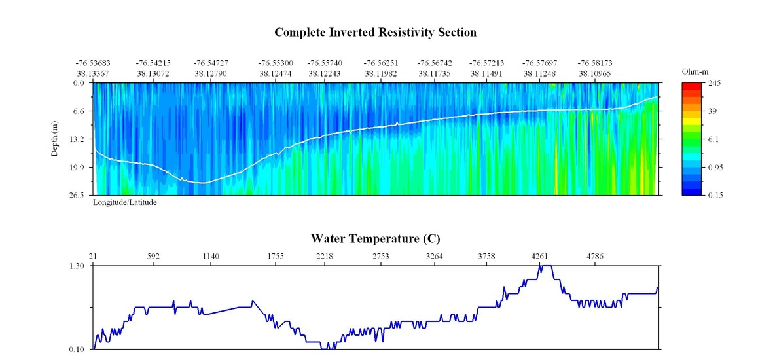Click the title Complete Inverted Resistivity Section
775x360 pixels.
click(x=375, y=32)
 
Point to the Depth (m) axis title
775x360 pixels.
click(x=55, y=138)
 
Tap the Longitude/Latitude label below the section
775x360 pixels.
click(x=124, y=202)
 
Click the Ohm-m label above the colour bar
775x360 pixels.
click(x=692, y=71)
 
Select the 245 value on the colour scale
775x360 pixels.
click(x=715, y=83)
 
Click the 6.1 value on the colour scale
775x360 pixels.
click(x=715, y=139)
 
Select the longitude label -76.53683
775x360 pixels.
click(x=92, y=63)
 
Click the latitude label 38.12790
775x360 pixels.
click(x=211, y=73)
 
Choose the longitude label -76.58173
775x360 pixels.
click(x=594, y=63)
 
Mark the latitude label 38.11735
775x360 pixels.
click(x=435, y=73)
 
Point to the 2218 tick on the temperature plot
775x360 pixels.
click(x=325, y=256)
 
